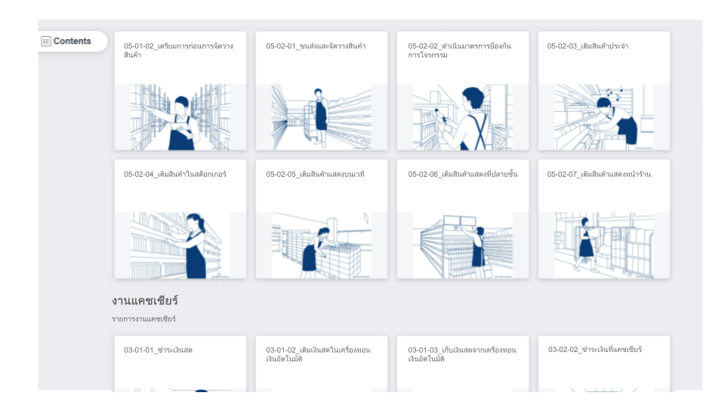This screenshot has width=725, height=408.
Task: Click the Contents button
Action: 72,41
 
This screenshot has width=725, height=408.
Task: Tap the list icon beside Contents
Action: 46,41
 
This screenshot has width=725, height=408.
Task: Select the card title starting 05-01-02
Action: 178,51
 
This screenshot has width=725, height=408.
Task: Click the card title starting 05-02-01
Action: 316,46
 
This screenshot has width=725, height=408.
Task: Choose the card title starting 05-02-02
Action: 460,51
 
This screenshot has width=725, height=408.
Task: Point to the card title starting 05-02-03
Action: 588,46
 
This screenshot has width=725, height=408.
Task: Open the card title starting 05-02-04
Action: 174,175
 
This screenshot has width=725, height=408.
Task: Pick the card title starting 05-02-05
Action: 315,175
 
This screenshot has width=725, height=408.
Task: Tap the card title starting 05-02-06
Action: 463,175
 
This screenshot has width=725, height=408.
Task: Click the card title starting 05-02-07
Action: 599,175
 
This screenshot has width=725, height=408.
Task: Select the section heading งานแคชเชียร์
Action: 145,301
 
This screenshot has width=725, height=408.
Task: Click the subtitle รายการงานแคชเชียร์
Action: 143,319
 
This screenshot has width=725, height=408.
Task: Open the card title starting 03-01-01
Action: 158,350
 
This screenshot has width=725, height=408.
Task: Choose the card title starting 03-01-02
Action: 318,354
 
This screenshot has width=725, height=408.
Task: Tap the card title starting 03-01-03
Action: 462,354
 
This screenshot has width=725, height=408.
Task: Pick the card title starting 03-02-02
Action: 595,350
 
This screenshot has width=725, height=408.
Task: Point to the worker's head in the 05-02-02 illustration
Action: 473,98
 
